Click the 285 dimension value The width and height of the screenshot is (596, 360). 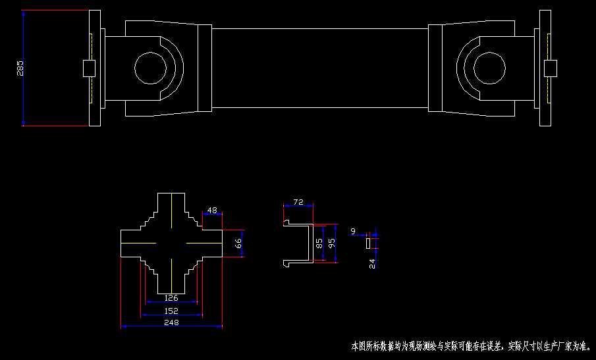[20, 68]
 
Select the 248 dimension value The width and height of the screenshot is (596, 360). [171, 322]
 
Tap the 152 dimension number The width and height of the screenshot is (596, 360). [171, 311]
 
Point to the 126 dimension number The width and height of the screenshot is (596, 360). [171, 298]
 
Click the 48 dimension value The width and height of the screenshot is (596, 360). [212, 210]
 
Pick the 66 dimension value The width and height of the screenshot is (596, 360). [238, 244]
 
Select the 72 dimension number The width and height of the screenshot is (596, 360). [298, 202]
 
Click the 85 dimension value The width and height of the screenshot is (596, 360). [319, 243]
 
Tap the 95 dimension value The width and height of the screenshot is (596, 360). [332, 243]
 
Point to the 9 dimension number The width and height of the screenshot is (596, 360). [353, 231]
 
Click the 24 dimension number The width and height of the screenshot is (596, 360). [373, 263]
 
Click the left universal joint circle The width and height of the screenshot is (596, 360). [151, 68]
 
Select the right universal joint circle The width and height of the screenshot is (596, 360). [489, 68]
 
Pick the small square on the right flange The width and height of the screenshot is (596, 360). [551, 68]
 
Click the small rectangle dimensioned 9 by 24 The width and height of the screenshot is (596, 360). [368, 244]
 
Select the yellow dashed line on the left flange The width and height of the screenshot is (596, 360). [91, 68]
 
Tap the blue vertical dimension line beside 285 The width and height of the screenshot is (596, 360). [23, 68]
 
